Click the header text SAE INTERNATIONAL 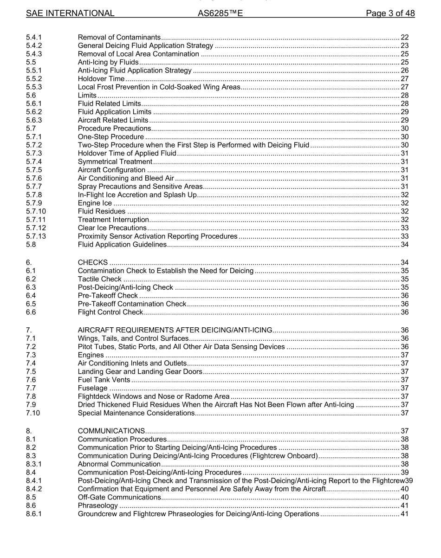point(70,13)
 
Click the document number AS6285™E point(220,13)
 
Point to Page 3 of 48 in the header point(390,13)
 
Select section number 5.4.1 point(34,37)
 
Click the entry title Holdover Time point(101,79)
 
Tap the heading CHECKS point(93,262)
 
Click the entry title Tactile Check point(99,279)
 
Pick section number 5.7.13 point(36,236)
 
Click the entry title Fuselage point(92,388)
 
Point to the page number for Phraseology point(404,505)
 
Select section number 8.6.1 point(34,513)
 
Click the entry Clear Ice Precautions point(112,228)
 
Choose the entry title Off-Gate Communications point(119,497)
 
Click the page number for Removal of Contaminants point(404,37)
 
